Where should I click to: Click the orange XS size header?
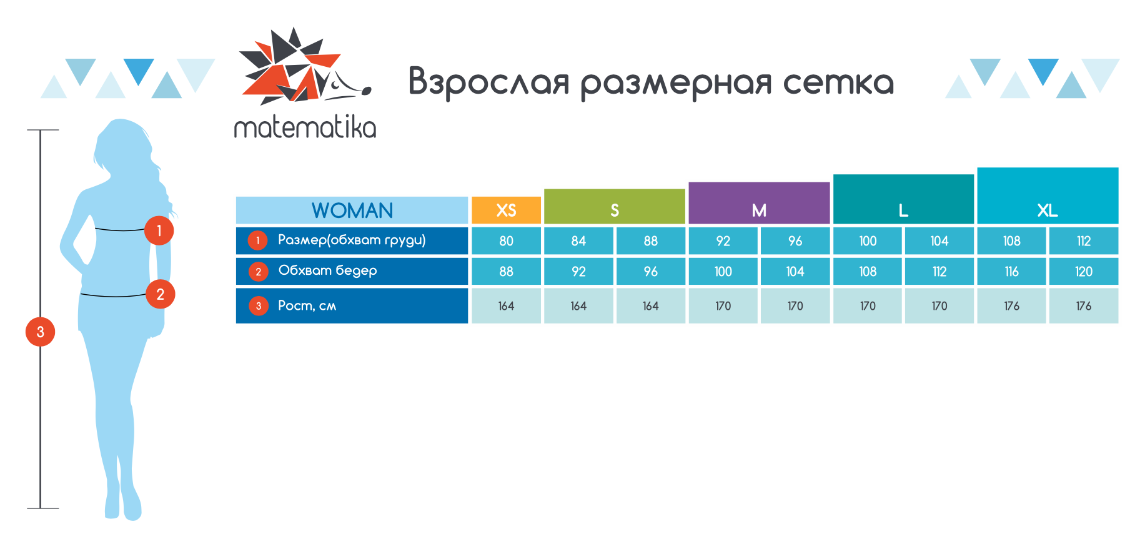[x=506, y=210]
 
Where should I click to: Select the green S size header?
[x=615, y=206]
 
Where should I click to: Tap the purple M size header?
[x=759, y=203]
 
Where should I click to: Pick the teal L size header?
[x=903, y=199]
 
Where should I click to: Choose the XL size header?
[x=1048, y=195]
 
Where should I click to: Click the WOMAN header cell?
[x=352, y=210]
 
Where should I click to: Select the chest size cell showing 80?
[x=506, y=240]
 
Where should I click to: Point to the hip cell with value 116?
[x=1011, y=271]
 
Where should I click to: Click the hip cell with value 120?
[x=1084, y=271]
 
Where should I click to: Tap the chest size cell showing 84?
[x=578, y=240]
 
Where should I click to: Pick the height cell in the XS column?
[x=506, y=305]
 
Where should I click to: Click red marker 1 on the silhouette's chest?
[x=159, y=230]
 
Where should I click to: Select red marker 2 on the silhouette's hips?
[x=161, y=294]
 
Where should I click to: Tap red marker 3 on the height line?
[x=40, y=332]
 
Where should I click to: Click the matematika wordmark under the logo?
[x=305, y=127]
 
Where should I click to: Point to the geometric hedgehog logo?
[x=305, y=66]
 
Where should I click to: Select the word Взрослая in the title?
[x=489, y=82]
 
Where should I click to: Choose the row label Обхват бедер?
[x=327, y=270]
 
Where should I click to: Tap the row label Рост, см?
[x=307, y=305]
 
